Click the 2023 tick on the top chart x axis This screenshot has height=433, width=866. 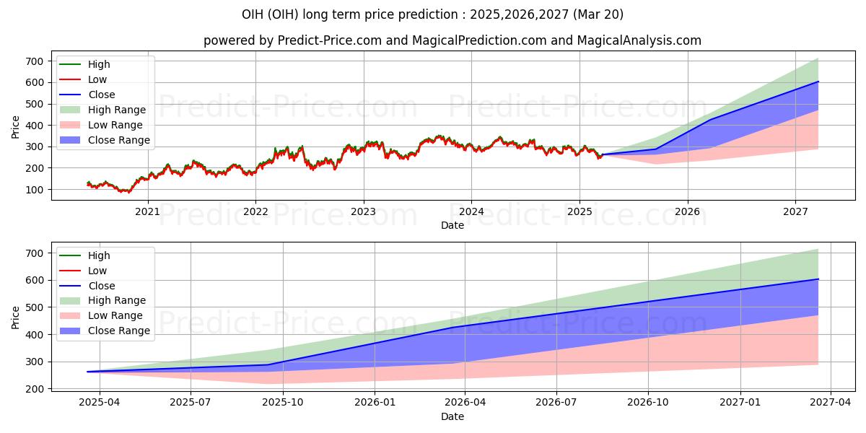(x=363, y=211)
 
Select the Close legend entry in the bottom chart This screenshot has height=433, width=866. (x=102, y=286)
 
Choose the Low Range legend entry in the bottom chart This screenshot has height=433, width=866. (x=116, y=315)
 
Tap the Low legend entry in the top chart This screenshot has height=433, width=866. (x=97, y=79)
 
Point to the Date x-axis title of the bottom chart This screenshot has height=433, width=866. (x=452, y=416)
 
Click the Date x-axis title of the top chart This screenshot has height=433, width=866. (x=452, y=225)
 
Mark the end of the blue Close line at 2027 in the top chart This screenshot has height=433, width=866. (x=818, y=82)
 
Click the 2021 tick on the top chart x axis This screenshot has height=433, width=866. (x=148, y=211)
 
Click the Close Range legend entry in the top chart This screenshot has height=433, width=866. (x=118, y=140)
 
